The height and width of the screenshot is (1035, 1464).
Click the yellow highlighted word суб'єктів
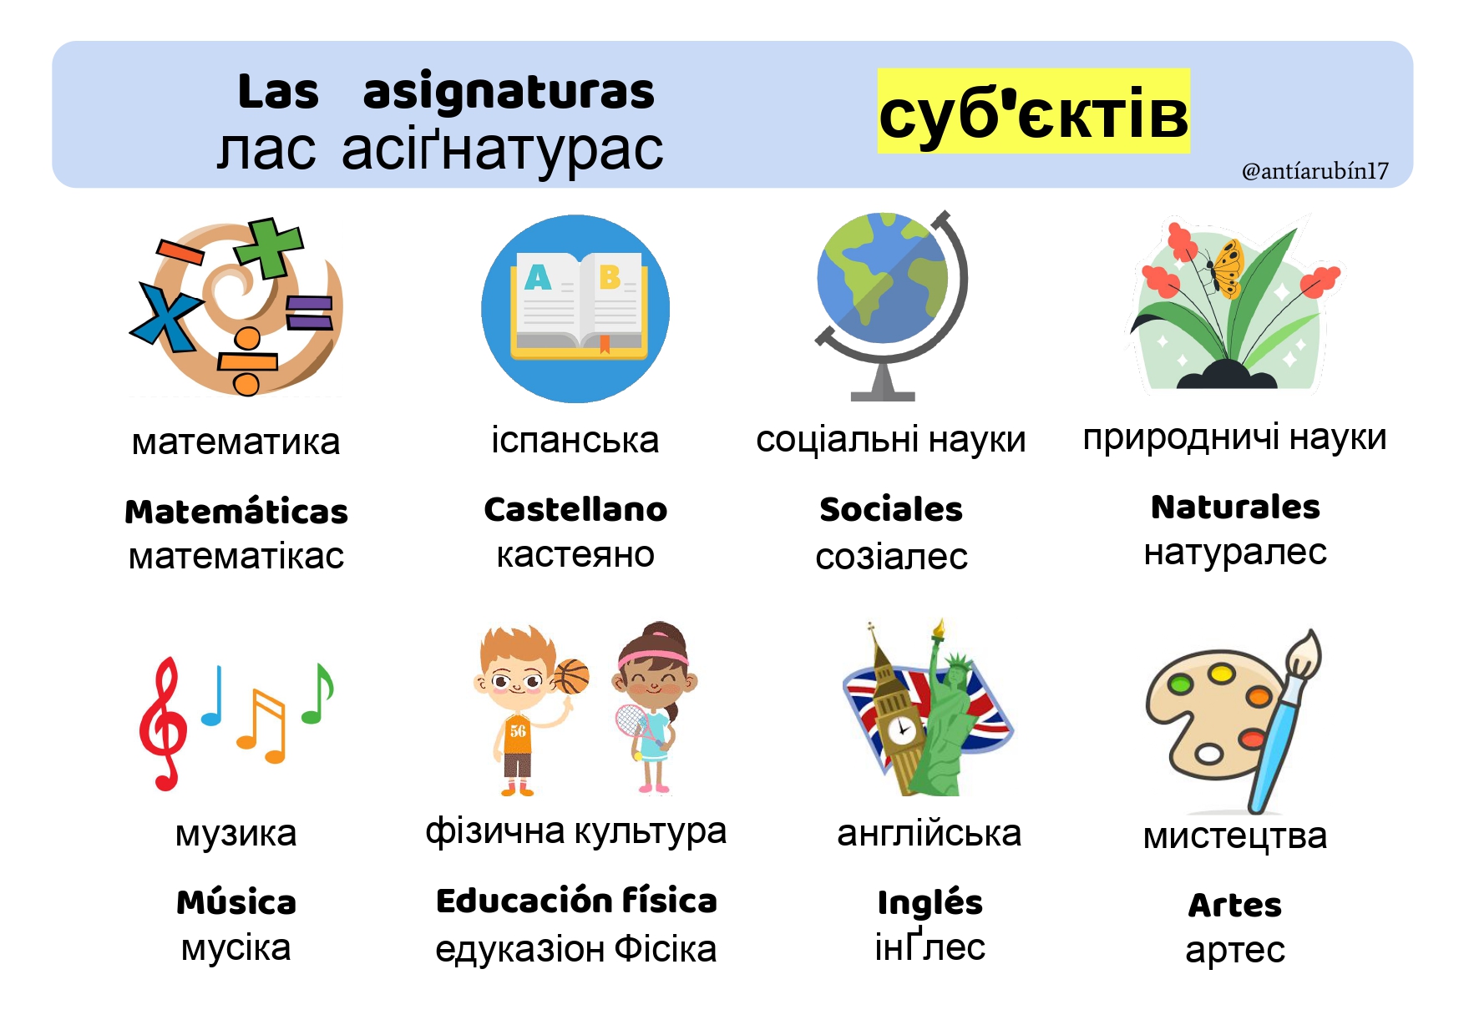1033,112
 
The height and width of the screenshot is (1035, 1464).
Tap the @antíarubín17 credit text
1315,171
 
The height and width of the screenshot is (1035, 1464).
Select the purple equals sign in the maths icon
310,313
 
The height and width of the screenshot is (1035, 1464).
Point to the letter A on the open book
538,276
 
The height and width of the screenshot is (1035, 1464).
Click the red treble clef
163,723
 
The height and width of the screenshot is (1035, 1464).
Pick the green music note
318,693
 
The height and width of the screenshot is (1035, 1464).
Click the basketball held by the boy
571,677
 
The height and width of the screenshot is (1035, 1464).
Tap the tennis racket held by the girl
634,726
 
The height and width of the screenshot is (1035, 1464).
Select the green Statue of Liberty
948,718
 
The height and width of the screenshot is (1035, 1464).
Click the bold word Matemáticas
236,512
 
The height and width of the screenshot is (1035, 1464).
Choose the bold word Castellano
575,509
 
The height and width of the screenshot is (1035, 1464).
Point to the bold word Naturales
1235,507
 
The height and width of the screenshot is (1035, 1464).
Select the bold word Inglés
930,902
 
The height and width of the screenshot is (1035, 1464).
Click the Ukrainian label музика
236,834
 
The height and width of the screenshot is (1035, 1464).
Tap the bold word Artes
1235,905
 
